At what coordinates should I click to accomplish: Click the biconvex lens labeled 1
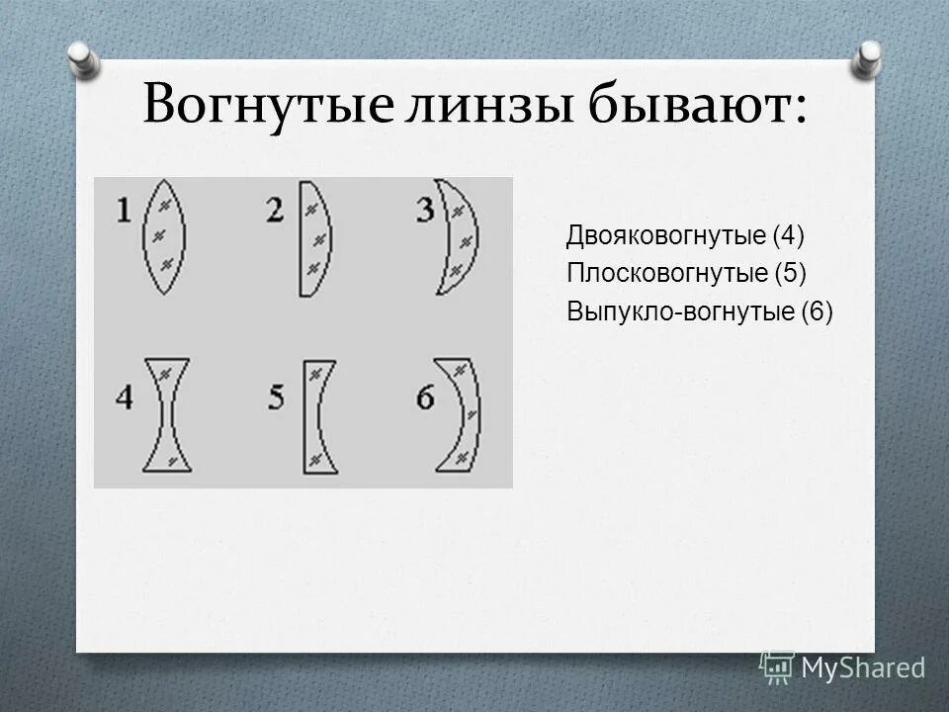[164, 236]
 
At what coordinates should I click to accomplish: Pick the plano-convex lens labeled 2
[312, 238]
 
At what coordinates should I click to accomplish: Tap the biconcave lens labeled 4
[164, 414]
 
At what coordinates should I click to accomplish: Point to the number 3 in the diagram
[425, 210]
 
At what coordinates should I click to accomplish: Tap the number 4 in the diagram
[125, 398]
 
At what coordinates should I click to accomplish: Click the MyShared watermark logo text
[862, 667]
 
